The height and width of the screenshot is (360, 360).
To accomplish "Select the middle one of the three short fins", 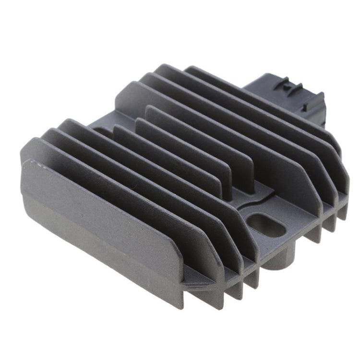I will [x=192, y=144].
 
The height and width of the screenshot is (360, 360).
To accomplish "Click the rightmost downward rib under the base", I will [x=341, y=211].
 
